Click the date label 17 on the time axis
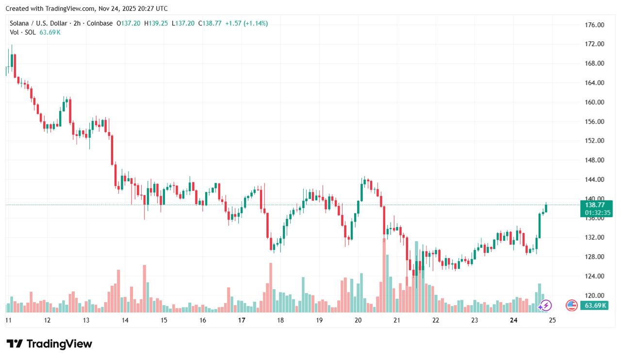click(x=242, y=320)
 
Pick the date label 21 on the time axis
click(x=397, y=320)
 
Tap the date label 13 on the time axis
click(x=86, y=320)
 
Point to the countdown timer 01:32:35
click(x=598, y=213)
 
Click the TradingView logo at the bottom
click(x=49, y=344)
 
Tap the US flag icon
click(x=572, y=305)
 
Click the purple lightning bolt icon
click(x=546, y=305)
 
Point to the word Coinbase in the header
click(x=100, y=23)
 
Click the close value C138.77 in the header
click(x=210, y=23)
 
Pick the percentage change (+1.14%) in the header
click(x=256, y=23)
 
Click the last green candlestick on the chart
click(x=546, y=208)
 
